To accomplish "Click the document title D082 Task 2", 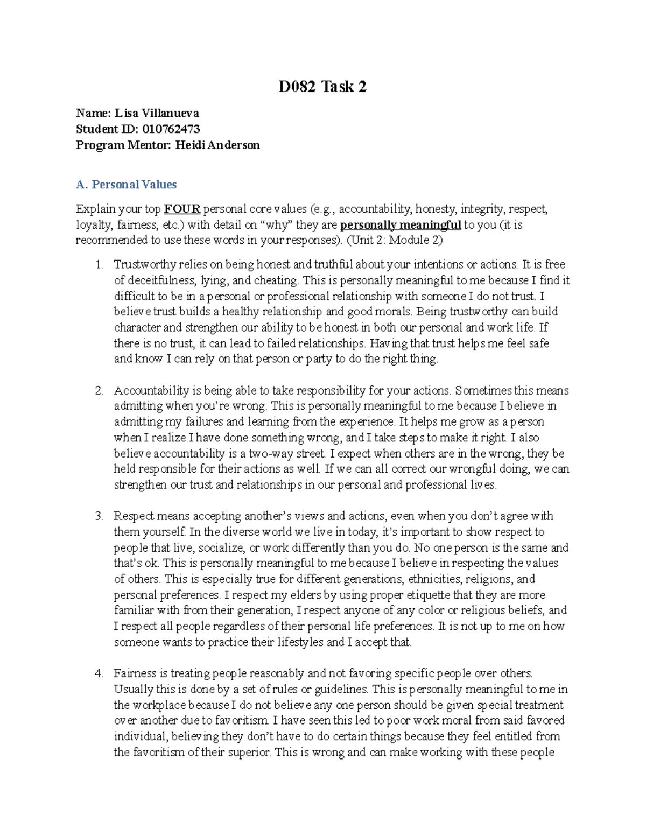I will click(x=322, y=87).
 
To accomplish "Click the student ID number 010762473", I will click(x=171, y=129).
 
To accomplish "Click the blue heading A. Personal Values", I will click(x=127, y=185).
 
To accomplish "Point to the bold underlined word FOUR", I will click(x=182, y=209).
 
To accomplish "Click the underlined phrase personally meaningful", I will click(x=401, y=224).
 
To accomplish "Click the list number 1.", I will click(x=98, y=264).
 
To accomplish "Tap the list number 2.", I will click(x=98, y=390).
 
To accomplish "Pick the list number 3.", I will click(x=98, y=516).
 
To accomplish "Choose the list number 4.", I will click(x=98, y=673).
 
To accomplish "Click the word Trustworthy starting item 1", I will click(x=145, y=264).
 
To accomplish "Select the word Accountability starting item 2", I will click(x=151, y=390).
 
